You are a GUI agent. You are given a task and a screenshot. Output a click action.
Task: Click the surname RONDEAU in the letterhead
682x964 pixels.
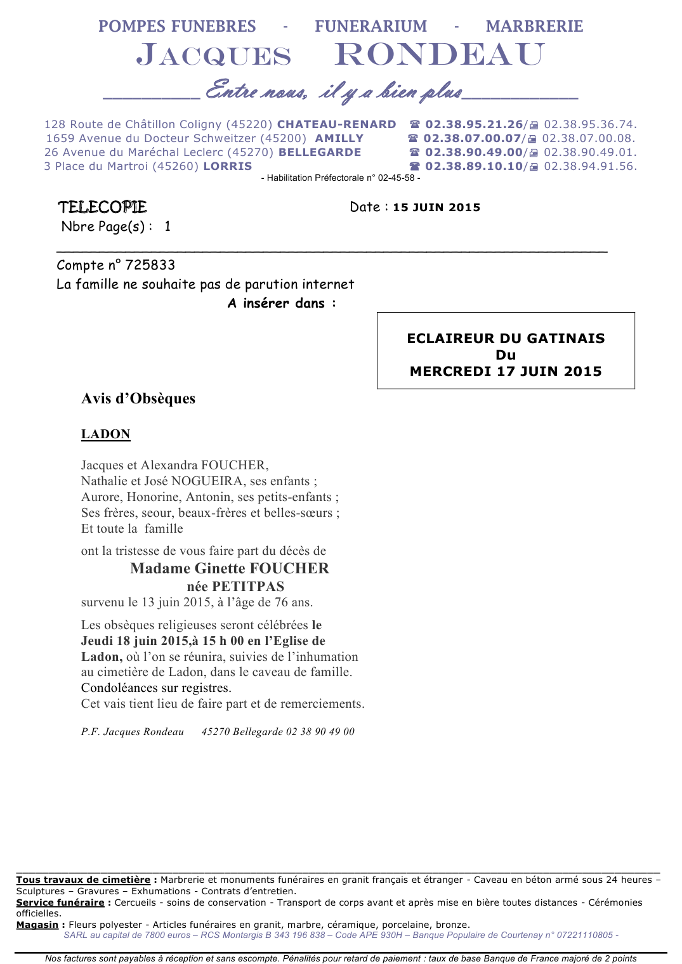[x=439, y=55]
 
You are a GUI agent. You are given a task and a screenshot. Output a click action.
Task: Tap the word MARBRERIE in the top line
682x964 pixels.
[x=534, y=26]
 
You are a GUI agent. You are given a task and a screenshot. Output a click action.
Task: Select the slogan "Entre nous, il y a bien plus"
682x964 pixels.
[x=334, y=92]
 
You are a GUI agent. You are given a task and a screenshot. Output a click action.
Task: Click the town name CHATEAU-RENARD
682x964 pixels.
[x=336, y=124]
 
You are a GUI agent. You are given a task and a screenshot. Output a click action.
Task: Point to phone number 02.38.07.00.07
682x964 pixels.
[x=472, y=138]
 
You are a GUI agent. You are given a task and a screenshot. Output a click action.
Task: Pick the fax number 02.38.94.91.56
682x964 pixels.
[x=590, y=166]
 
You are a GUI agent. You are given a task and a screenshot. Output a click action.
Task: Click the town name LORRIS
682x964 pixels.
[x=227, y=166]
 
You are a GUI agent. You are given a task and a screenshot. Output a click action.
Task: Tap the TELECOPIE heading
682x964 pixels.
[x=102, y=207]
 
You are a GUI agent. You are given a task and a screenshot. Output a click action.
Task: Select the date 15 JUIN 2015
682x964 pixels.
[x=436, y=207]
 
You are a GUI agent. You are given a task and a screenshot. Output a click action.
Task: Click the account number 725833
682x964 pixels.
[x=150, y=265]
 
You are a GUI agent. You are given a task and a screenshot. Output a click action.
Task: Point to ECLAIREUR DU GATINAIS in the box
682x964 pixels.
[x=506, y=338]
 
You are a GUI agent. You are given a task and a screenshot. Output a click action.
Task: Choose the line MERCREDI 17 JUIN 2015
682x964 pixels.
[x=506, y=372]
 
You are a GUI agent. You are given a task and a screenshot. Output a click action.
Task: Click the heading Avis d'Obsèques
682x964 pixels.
[x=138, y=399]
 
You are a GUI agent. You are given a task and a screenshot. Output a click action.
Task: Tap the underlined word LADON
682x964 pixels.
[x=106, y=434]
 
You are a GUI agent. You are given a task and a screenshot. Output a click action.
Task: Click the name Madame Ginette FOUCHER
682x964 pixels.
[x=230, y=568]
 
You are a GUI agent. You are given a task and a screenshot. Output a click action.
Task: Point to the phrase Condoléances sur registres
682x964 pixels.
[x=156, y=688]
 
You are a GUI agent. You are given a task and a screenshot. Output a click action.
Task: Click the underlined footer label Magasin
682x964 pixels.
[x=37, y=925]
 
